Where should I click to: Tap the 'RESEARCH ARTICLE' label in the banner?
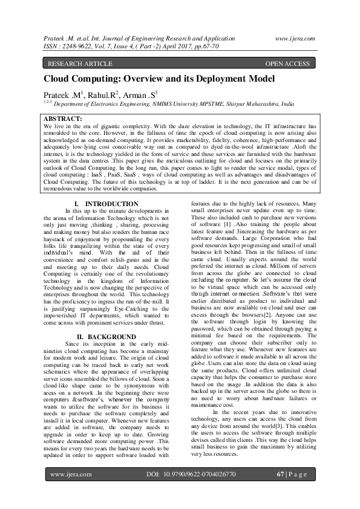pyautogui.click(x=76, y=63)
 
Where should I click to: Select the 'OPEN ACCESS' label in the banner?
pyautogui.click(x=288, y=63)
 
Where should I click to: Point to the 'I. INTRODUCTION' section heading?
pyautogui.click(x=106, y=204)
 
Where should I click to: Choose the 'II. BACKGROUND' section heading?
pyautogui.click(x=106, y=336)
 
